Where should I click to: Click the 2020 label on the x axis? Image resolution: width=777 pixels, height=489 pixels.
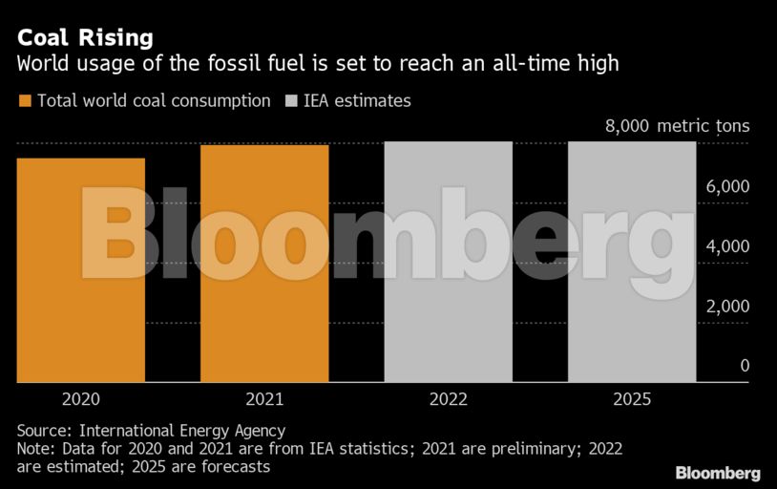(x=81, y=399)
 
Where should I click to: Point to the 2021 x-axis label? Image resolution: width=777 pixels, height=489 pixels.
(x=264, y=399)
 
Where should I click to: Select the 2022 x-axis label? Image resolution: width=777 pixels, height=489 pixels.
(x=448, y=399)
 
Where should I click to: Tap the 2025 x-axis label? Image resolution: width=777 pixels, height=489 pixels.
(x=631, y=399)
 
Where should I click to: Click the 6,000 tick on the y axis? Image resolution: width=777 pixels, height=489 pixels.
(x=727, y=186)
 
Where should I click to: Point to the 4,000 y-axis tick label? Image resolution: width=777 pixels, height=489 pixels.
(x=727, y=246)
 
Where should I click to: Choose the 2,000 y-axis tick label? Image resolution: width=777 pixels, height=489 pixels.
(x=727, y=307)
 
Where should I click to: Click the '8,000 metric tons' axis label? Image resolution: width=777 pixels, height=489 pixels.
(x=678, y=126)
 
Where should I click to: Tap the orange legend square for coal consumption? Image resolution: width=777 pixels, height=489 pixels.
(x=24, y=100)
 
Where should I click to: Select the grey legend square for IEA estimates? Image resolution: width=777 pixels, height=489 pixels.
(x=291, y=100)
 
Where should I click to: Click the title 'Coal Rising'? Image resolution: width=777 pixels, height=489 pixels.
(x=85, y=38)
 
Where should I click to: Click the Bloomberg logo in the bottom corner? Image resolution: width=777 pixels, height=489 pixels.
(x=718, y=473)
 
